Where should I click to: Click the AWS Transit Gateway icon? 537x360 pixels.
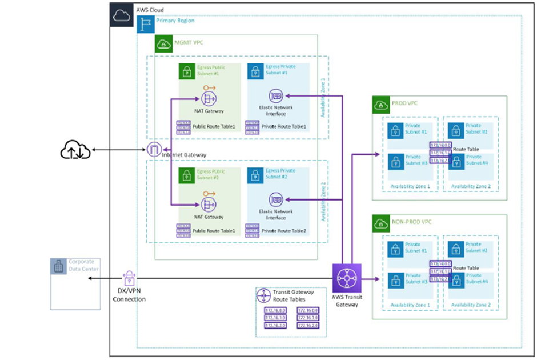point(346,278)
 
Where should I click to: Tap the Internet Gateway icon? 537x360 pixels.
point(154,150)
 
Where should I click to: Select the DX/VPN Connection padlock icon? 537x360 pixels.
point(129,278)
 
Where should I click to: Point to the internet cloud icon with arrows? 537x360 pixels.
point(75,151)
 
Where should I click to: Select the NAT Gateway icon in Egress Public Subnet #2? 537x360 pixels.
point(207,203)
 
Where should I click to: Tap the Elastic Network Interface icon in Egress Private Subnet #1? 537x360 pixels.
point(275,96)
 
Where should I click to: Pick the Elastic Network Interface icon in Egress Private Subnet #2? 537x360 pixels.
point(275,199)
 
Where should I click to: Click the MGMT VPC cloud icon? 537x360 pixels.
point(164,43)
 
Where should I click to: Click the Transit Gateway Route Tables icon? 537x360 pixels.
point(264,295)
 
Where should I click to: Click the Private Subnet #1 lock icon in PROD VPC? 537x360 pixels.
point(394,131)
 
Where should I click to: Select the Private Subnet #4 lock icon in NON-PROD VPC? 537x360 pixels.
point(455,278)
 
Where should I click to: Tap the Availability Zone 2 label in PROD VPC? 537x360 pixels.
point(471,186)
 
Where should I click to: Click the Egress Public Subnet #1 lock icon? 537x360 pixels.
point(186,71)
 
